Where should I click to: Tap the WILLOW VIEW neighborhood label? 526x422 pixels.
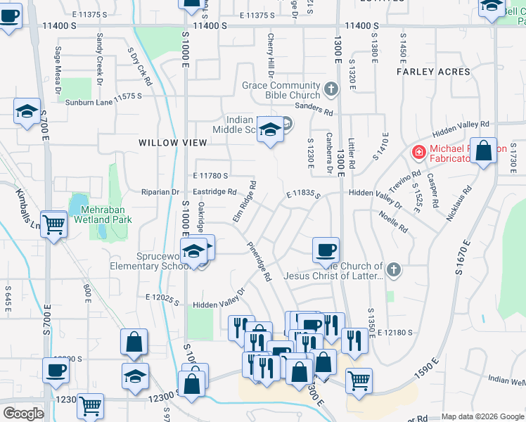173,143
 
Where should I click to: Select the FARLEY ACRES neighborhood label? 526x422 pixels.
433,72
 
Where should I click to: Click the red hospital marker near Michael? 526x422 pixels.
418,152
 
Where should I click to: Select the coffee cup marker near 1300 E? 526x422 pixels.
326,250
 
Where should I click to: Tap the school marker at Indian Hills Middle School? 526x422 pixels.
269,129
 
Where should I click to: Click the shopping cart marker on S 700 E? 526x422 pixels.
53,225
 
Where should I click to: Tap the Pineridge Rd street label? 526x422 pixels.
259,262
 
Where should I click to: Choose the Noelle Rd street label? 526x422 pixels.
394,222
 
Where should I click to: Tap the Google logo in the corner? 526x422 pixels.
23,414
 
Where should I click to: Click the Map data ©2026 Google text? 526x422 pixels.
482,416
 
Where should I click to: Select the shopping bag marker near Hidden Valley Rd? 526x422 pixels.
484,151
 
